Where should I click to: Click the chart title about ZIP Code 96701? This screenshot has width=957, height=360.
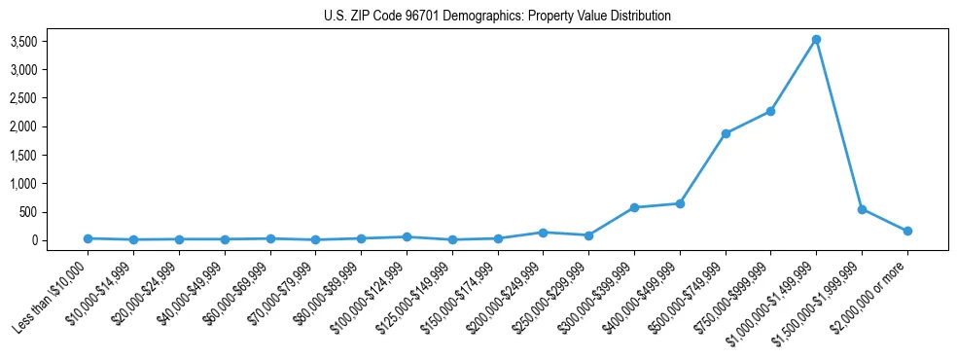click(x=497, y=17)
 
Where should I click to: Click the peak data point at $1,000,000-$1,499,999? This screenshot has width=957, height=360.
click(x=816, y=40)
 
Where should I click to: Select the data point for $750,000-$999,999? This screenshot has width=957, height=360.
click(x=770, y=111)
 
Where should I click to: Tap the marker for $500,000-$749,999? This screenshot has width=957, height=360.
click(x=726, y=133)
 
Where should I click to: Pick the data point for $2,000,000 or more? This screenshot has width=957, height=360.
click(x=907, y=231)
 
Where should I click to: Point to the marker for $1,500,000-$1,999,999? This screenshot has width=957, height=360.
click(x=862, y=209)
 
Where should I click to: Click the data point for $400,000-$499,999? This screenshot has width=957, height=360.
click(x=680, y=203)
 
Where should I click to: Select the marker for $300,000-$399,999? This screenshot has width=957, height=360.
click(x=634, y=207)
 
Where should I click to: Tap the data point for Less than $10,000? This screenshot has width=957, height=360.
click(x=89, y=238)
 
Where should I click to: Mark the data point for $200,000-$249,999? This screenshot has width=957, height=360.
click(x=543, y=233)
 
